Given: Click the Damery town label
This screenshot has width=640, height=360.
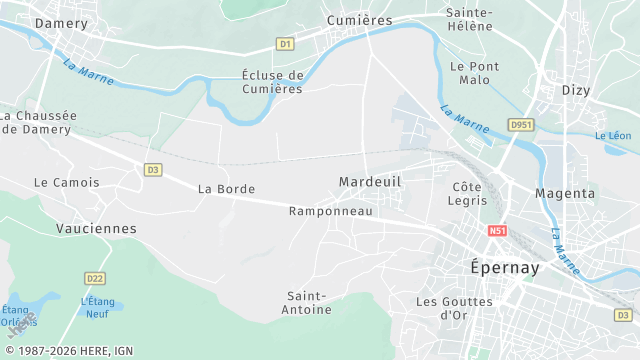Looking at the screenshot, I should point(61,21).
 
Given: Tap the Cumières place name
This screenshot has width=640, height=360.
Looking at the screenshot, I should point(359,20).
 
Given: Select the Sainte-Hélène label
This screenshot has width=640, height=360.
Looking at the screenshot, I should point(469,19).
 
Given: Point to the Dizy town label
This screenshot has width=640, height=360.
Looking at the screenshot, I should point(577,89).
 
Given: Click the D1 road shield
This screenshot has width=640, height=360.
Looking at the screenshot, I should point(285,44).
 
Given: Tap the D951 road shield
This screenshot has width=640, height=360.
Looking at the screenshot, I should point(518,125).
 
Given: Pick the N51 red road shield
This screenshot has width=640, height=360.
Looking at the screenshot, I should point(497,231).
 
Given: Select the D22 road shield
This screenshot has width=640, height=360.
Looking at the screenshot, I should point(95,278).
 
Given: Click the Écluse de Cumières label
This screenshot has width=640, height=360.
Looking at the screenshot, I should point(272,82).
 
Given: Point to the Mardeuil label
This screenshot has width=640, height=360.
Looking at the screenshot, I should point(369,181).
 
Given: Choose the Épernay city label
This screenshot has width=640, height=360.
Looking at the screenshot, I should point(505,268).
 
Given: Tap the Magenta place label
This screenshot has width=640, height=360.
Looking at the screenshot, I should point(564,192).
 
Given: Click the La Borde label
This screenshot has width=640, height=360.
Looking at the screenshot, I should point(226,188).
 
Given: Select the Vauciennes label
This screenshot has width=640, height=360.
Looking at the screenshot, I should point(96,228).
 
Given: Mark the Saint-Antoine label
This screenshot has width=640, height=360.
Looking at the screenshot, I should point(309,303).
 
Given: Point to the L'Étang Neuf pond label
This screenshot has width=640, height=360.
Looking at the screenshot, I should point(98,307).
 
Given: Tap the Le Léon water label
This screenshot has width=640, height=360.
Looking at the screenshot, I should point(613,136).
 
